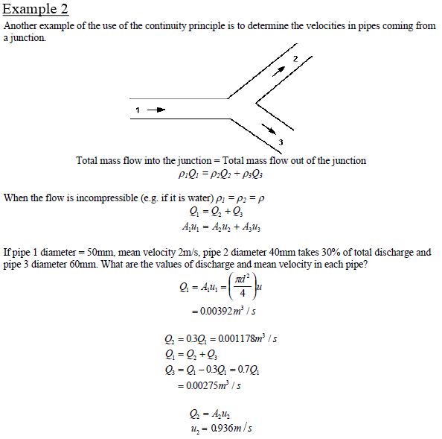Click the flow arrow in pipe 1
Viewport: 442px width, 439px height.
pos(156,110)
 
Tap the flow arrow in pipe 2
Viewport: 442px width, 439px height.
pos(279,71)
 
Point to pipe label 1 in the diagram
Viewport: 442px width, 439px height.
pos(138,110)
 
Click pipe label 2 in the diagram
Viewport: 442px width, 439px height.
pos(295,58)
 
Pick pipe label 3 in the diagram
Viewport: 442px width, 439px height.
pos(281,142)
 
